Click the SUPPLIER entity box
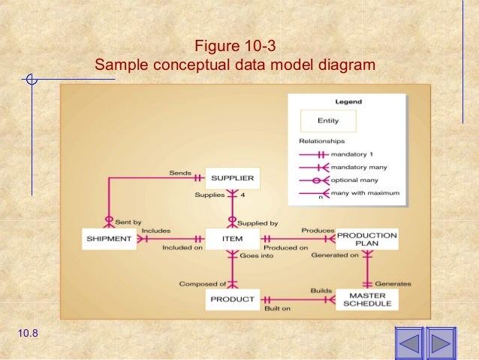(232, 178)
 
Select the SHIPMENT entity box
(107, 239)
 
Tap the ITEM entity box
(232, 239)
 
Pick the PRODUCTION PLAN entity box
(366, 239)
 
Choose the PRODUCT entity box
(232, 300)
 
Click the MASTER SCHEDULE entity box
(366, 299)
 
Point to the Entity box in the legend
(328, 120)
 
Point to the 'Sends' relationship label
(179, 172)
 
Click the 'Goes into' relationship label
(257, 256)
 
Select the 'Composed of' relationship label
(203, 283)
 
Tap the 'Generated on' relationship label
(334, 256)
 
